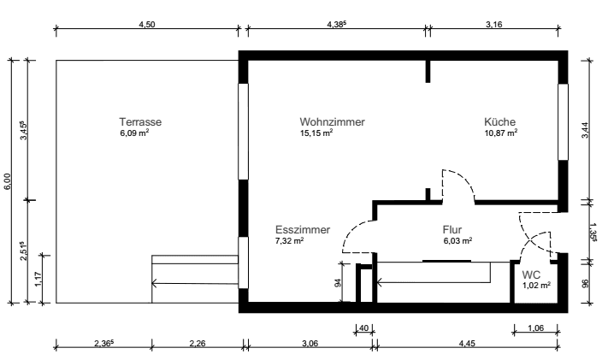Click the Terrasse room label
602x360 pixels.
pos(140,122)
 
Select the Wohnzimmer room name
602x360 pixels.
pos(332,122)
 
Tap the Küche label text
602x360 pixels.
pos(499,122)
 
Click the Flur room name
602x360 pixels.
pos(452,230)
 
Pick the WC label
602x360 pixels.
pos(531,274)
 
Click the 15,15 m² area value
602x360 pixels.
pos(316,133)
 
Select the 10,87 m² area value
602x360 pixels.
pos(500,133)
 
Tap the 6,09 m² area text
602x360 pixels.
pos(135,133)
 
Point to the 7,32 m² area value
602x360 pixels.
pos(291,241)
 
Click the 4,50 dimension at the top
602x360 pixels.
pos(147,25)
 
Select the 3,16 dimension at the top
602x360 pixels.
pos(493,25)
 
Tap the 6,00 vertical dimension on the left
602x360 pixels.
pos(8,181)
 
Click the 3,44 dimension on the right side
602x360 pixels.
pos(585,130)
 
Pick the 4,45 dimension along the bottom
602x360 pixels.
pos(466,344)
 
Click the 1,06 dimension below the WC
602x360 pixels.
pos(536,327)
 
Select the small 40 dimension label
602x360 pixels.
pos(363,327)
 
